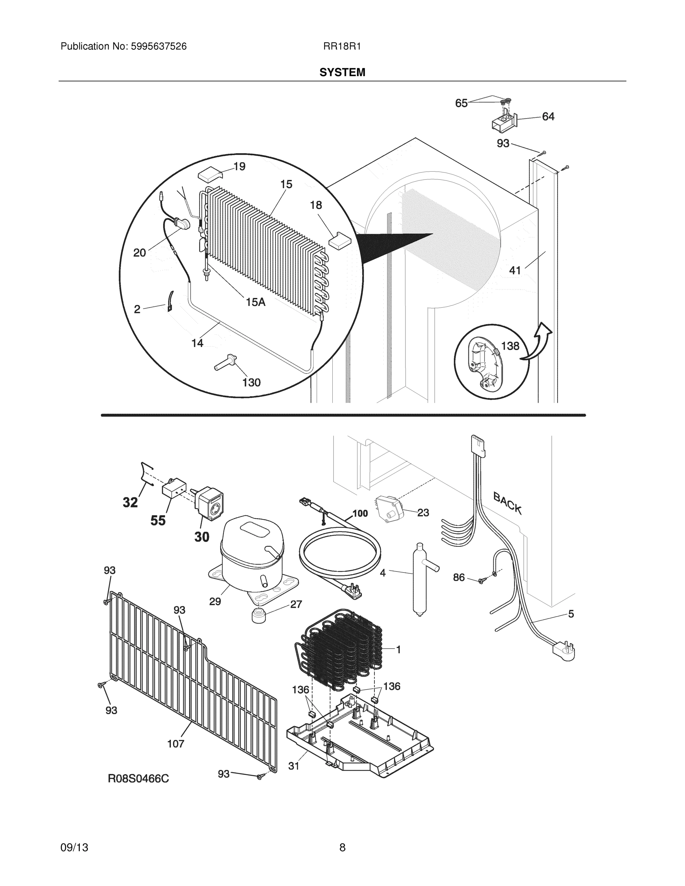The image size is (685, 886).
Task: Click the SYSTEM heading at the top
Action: pos(342,72)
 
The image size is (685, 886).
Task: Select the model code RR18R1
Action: pos(342,47)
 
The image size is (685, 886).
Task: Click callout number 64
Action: pos(548,117)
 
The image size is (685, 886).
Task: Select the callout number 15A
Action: pos(256,302)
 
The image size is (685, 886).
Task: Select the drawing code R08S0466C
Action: pos(138,779)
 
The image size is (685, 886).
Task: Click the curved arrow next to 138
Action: pos(538,343)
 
